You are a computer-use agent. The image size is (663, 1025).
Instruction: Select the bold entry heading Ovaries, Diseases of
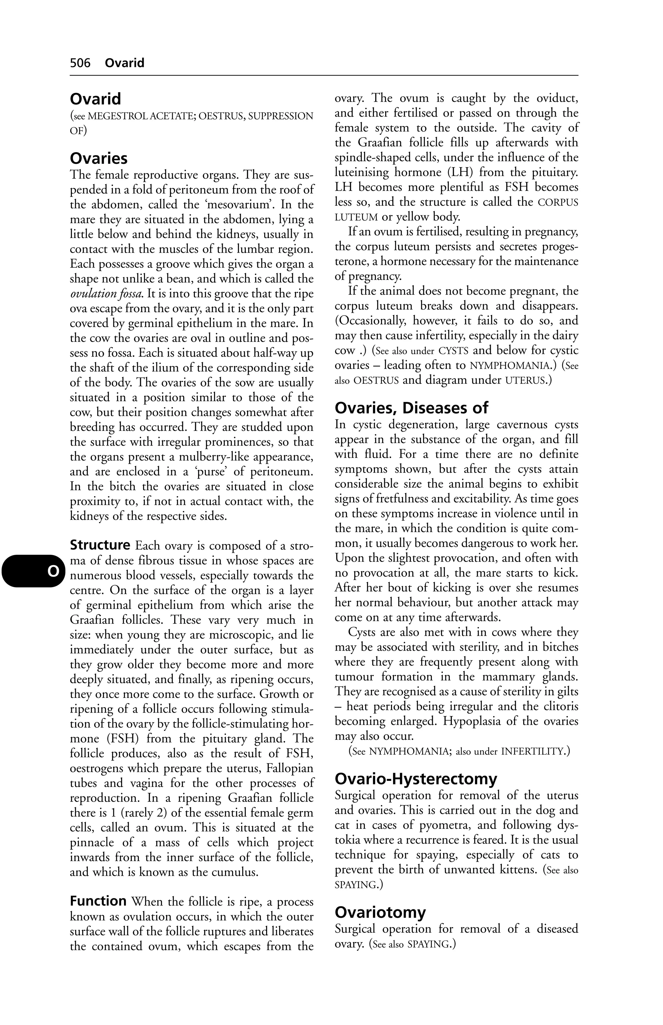coord(411,407)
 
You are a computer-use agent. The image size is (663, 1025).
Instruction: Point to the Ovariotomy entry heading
coord(380,912)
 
